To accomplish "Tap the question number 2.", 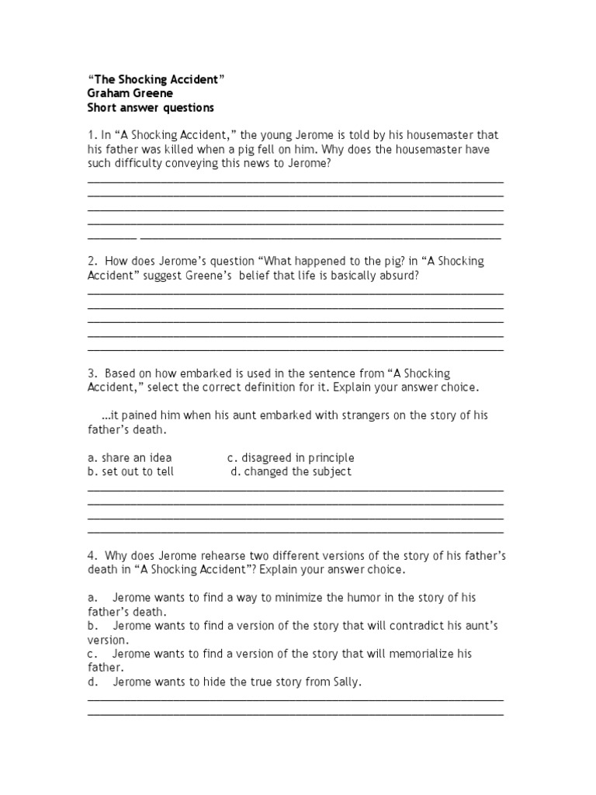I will click(92, 262).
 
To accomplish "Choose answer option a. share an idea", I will click(130, 458).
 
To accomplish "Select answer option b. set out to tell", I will click(131, 471).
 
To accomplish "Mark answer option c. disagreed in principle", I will click(290, 458).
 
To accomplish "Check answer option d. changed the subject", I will click(291, 471).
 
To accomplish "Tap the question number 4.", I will click(92, 556).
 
